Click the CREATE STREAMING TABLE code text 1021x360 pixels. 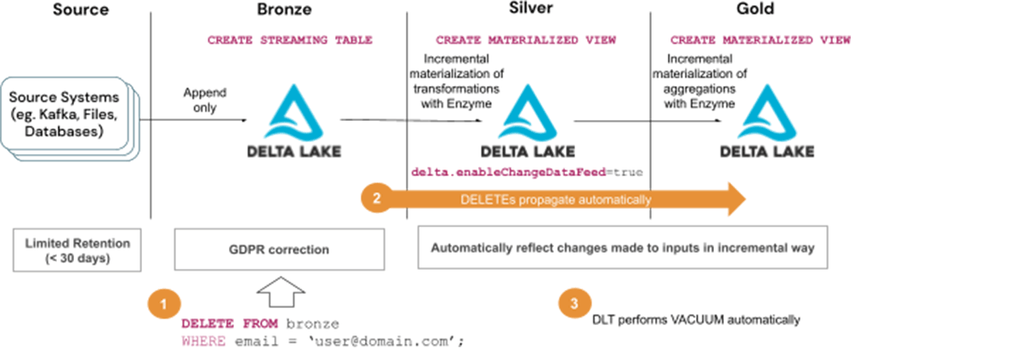[290, 40]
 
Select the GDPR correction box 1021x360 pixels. [279, 250]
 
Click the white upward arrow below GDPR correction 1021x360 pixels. [278, 290]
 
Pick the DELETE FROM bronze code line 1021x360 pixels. [260, 324]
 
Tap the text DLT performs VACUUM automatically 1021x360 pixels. [696, 321]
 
